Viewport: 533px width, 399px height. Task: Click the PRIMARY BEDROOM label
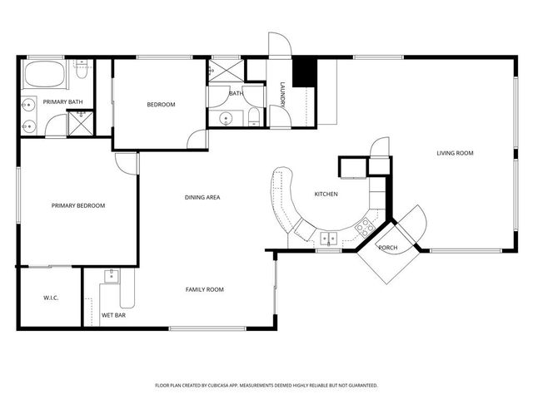[78, 205]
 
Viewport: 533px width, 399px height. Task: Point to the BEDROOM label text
[161, 105]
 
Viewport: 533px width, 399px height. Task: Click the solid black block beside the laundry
[308, 71]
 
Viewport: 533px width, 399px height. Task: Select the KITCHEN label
[326, 195]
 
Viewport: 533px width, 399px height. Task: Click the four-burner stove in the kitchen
[364, 224]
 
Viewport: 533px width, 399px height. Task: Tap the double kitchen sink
[330, 239]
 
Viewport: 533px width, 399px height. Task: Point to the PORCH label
[388, 248]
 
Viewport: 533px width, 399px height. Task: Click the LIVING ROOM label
[455, 153]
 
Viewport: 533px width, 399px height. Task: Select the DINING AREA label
[202, 197]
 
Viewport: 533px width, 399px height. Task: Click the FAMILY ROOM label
[204, 289]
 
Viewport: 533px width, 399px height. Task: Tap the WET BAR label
[113, 315]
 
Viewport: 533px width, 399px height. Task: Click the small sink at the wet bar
[110, 276]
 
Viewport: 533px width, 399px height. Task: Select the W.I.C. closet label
[50, 298]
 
